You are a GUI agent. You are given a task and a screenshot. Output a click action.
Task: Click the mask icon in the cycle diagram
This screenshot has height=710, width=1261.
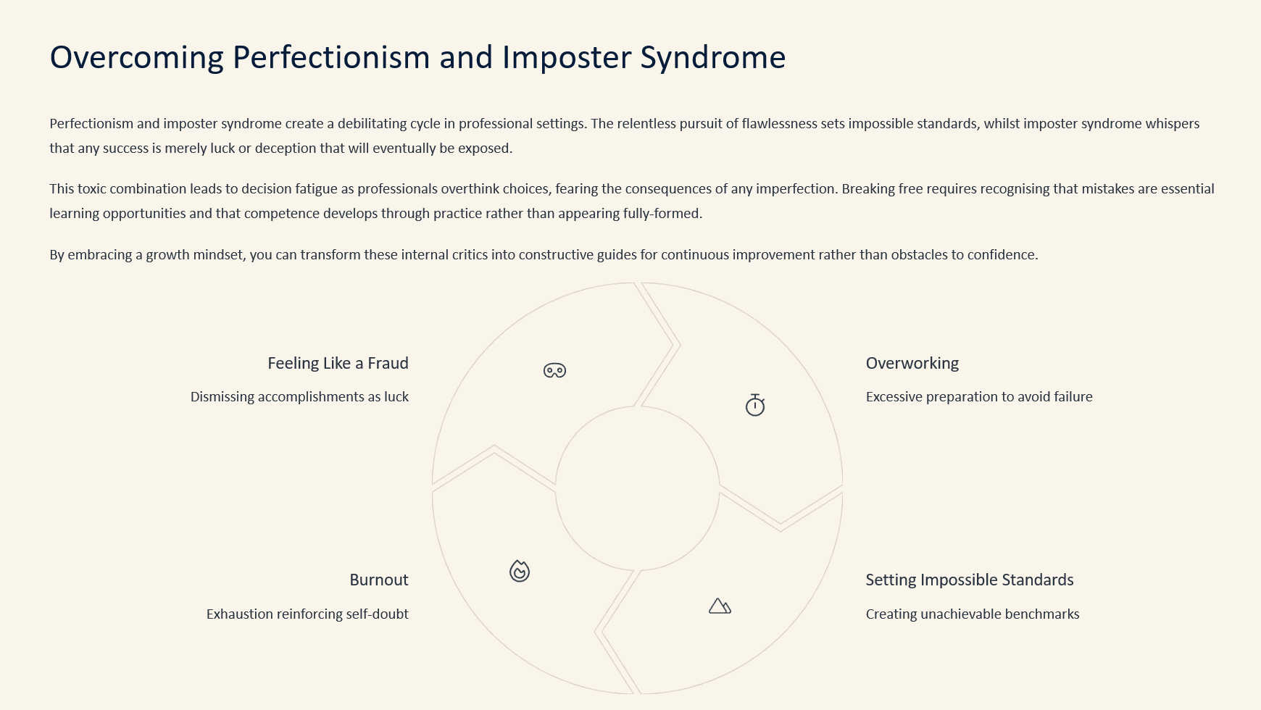554,370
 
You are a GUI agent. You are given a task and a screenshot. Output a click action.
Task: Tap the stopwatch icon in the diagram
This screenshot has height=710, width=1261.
755,405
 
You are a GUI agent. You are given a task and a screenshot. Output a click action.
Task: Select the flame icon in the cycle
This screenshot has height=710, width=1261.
520,571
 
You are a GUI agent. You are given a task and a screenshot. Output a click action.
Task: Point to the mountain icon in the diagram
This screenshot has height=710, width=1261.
720,606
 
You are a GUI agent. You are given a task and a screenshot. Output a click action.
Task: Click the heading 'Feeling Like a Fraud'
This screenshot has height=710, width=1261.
338,363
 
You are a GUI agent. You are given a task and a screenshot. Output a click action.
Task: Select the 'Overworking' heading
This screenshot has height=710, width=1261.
912,363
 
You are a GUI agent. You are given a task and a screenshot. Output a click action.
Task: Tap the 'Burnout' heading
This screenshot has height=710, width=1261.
379,580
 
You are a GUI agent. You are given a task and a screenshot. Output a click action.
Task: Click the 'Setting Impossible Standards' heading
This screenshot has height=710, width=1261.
970,580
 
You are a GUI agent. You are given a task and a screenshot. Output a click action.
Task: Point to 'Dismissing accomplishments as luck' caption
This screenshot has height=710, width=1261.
299,396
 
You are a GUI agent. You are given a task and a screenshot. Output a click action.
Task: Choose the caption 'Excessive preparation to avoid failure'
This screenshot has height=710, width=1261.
979,396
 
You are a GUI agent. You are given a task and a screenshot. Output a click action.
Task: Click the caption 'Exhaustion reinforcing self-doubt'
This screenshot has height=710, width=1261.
307,614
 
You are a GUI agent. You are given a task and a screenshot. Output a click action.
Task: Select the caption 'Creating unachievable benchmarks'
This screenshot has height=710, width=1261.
973,614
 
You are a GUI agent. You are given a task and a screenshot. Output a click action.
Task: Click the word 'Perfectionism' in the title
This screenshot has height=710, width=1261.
331,57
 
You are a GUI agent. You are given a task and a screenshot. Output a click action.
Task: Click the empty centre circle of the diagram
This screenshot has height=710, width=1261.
637,488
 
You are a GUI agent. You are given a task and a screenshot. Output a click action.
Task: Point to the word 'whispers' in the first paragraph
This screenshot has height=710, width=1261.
1173,124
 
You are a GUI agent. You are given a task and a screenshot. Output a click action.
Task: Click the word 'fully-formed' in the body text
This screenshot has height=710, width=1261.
662,214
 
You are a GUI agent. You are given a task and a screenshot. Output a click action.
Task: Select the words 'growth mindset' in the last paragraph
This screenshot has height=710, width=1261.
195,255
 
